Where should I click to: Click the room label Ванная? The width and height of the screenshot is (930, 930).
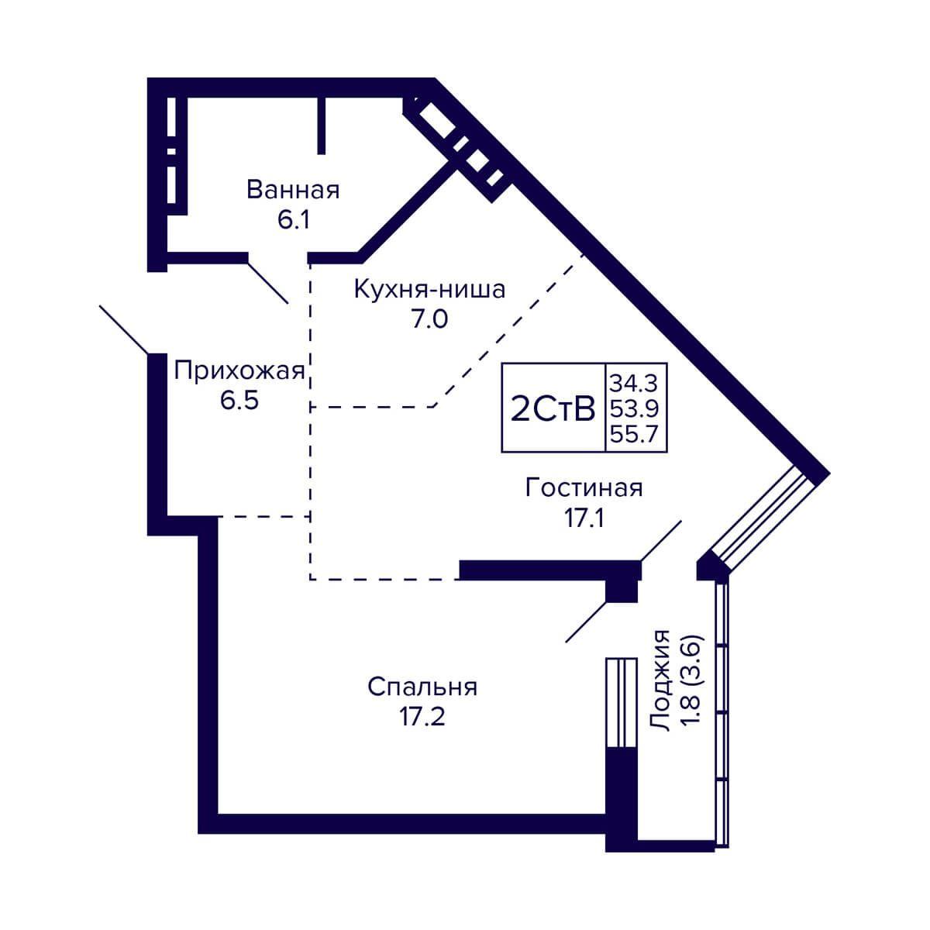[x=293, y=190]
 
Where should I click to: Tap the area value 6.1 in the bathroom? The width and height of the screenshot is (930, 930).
[x=293, y=220]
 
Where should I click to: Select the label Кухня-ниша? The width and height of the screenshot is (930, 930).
[x=429, y=290]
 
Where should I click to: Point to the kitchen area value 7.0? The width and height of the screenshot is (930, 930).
[x=429, y=319]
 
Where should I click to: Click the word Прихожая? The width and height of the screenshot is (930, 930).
[x=239, y=372]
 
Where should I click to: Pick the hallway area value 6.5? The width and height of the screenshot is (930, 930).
[x=239, y=400]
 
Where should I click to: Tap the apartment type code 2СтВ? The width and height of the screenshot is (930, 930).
[x=553, y=409]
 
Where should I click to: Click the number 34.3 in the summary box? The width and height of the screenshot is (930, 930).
[x=634, y=384]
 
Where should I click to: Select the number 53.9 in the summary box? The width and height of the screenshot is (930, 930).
[x=634, y=409]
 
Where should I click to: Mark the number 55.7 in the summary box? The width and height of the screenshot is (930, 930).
[x=634, y=434]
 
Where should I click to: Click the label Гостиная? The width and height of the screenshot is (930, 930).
[x=584, y=487]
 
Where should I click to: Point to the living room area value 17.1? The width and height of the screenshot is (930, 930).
[x=584, y=518]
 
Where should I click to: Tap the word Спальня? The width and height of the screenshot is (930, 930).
[x=422, y=687]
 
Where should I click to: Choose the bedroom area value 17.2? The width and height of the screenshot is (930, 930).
[x=422, y=717]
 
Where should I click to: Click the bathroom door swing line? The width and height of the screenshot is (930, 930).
[x=268, y=283]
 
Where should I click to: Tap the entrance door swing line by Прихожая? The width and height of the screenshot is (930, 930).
[x=123, y=329]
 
